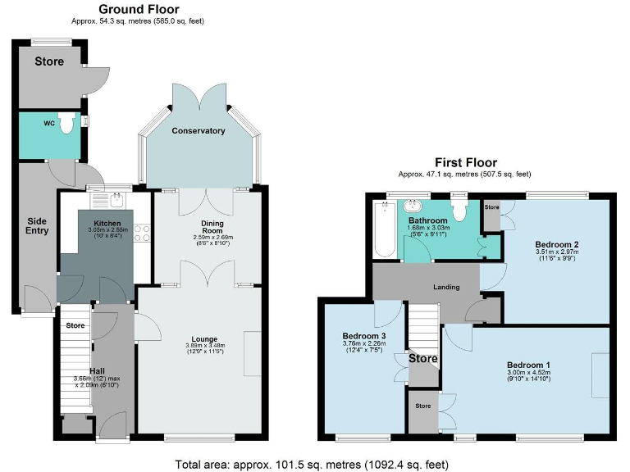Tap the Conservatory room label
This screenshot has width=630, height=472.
pos(198,131)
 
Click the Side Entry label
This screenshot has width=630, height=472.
pos(37,225)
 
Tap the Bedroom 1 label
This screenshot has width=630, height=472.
pos(528,365)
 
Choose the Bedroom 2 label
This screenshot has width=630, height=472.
pos(557,244)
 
